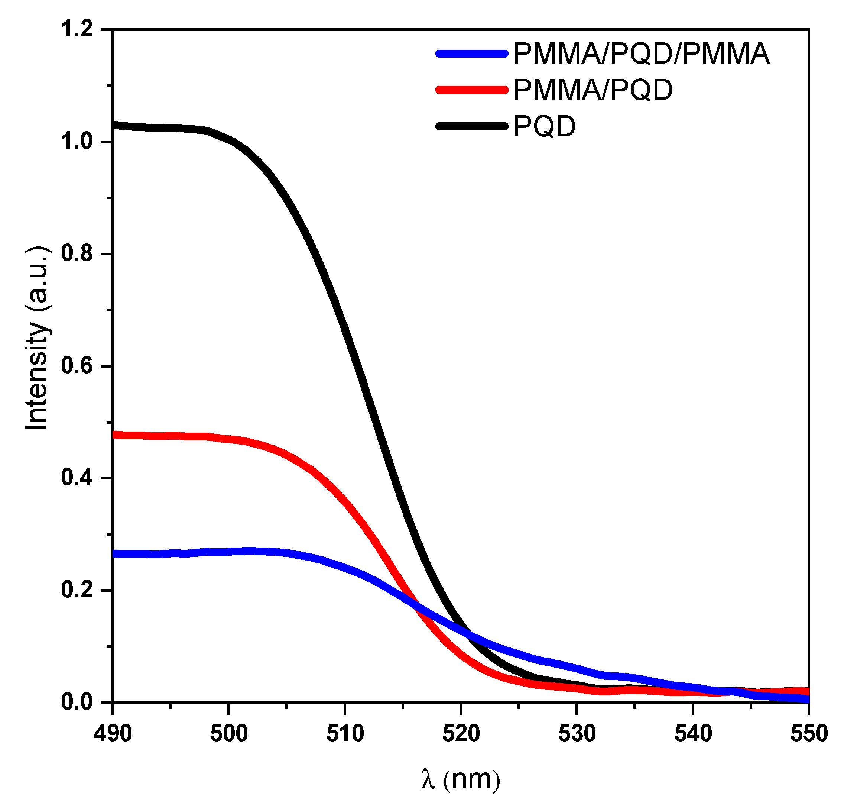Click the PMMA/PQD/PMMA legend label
click(641, 54)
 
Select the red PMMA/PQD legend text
click(592, 90)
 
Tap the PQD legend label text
click(545, 126)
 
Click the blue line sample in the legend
click(472, 54)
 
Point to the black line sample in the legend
click(472, 126)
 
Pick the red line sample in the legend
click(472, 90)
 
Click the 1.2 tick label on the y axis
click(77, 29)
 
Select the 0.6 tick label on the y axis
click(77, 366)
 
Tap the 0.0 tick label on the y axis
click(77, 702)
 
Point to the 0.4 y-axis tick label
click(77, 478)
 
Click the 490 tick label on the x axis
click(113, 734)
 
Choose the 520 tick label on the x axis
click(461, 734)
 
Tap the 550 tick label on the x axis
click(809, 734)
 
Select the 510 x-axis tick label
click(345, 734)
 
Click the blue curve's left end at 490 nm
click(114, 554)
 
